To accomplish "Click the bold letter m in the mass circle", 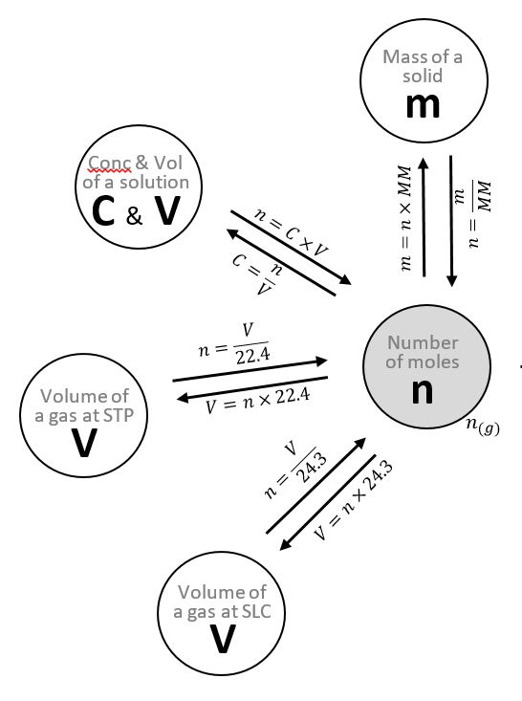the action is point(423,106).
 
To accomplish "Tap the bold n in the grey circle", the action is point(423,392).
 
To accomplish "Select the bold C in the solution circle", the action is point(103,211).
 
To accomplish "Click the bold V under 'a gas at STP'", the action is point(84,444).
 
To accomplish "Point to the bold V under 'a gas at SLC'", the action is point(223,639).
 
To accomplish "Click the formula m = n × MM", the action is point(405,218).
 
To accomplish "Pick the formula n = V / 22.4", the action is point(234,343).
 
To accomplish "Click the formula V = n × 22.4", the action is point(257,401).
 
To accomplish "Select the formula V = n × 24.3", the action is point(353,500).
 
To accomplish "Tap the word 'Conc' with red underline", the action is point(110,163).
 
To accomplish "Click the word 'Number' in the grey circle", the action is point(423,343).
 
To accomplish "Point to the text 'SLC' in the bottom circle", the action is point(255,611).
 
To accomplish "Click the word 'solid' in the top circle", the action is point(423,76).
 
